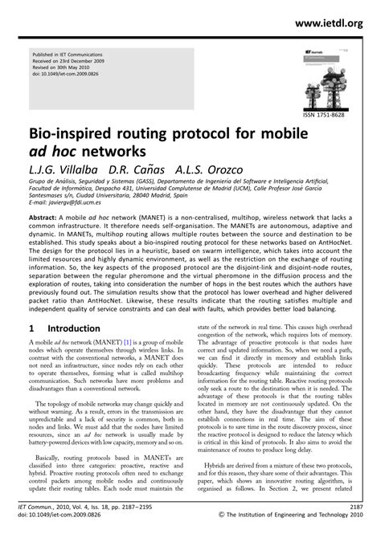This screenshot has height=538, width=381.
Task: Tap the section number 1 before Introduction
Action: [30, 351]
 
